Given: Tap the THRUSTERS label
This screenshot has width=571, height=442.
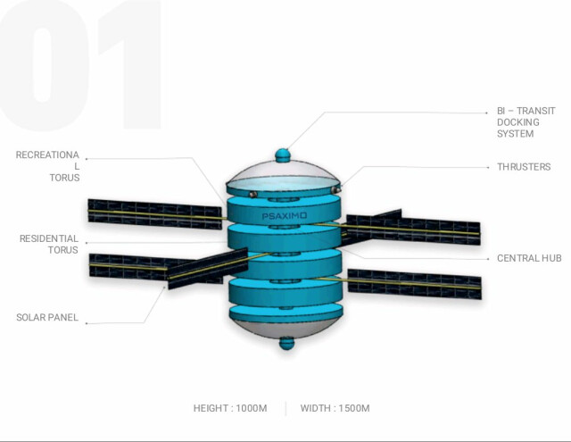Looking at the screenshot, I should [x=524, y=167].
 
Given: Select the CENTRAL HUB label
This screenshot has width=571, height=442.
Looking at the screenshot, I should [x=528, y=258].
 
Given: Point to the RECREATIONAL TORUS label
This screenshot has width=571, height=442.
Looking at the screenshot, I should [x=47, y=166].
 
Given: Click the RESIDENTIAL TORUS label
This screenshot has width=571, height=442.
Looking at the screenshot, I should [x=49, y=245].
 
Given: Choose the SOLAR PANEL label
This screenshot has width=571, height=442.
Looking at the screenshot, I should [x=46, y=318].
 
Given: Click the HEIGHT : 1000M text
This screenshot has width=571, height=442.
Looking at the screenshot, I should [x=230, y=408].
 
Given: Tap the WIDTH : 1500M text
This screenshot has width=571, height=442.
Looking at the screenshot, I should [x=335, y=408].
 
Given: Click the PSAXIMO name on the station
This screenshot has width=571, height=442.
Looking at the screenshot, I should [x=285, y=216].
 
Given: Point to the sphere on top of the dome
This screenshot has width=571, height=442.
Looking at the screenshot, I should [x=285, y=154].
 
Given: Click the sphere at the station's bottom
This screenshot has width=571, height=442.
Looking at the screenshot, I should [x=285, y=343].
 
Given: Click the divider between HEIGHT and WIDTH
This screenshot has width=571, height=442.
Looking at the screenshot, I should [x=285, y=408].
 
